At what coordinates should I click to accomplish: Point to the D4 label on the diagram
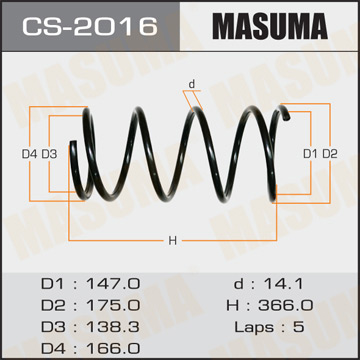pyautogui.click(x=28, y=152)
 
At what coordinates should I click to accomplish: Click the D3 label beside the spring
pyautogui.click(x=48, y=152)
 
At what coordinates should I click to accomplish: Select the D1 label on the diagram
pyautogui.click(x=310, y=152)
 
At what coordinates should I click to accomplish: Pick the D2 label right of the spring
pyautogui.click(x=330, y=152)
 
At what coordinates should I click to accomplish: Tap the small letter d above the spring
pyautogui.click(x=191, y=85)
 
